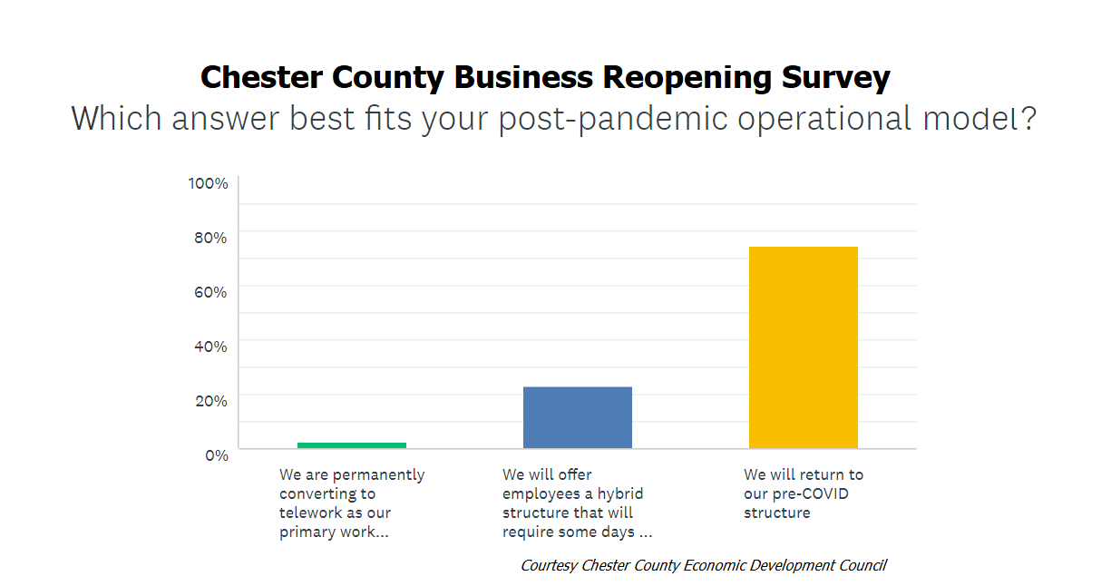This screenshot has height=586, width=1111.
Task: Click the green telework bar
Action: coord(352,445)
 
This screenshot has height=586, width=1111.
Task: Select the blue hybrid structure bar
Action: coord(578,417)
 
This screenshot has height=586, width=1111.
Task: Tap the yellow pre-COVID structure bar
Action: coord(803,347)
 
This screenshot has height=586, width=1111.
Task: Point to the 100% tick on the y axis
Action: coord(208,183)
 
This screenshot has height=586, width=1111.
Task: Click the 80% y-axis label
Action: coord(210,238)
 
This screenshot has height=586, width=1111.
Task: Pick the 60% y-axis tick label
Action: coord(210,292)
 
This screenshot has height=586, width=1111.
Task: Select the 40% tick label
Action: coord(210,347)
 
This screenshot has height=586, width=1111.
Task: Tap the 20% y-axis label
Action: coord(210,401)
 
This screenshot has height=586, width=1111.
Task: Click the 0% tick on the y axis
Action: coord(217,455)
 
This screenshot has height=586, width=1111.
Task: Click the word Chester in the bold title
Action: coord(261,77)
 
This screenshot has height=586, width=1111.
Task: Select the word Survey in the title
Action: coord(835,79)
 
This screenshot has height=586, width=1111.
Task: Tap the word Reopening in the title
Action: coord(687,79)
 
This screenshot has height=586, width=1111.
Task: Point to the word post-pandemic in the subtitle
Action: coord(612,119)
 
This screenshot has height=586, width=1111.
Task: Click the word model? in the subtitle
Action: coord(979,118)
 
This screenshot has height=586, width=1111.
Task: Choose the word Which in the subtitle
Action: coord(116,118)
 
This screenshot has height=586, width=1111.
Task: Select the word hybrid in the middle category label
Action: coord(620,494)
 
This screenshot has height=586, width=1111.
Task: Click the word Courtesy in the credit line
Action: coord(549,566)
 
